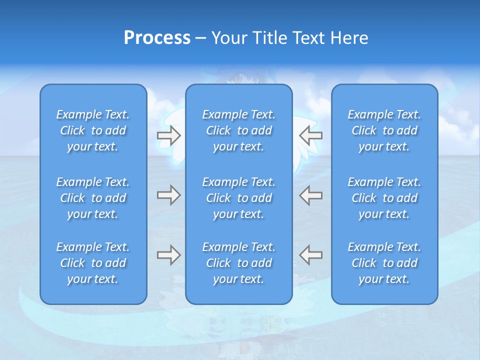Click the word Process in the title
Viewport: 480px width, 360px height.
(157, 38)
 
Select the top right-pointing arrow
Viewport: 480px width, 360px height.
(168, 135)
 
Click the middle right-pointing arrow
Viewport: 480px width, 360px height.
(168, 195)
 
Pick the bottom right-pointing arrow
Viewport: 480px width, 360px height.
(168, 255)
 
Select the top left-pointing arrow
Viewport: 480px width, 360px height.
(310, 135)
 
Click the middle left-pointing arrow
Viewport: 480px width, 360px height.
(310, 195)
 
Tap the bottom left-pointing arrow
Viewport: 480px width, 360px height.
(310, 255)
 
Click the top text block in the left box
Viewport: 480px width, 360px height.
(93, 130)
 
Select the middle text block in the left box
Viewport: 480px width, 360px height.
(93, 198)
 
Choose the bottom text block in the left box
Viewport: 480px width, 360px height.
(93, 263)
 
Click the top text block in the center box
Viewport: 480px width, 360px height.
(238, 130)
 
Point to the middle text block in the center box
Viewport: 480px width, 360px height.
(238, 198)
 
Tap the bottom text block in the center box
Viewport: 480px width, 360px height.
(238, 263)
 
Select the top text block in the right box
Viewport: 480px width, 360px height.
(384, 130)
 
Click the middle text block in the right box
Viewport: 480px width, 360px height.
(384, 198)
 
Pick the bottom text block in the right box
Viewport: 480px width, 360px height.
(384, 263)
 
